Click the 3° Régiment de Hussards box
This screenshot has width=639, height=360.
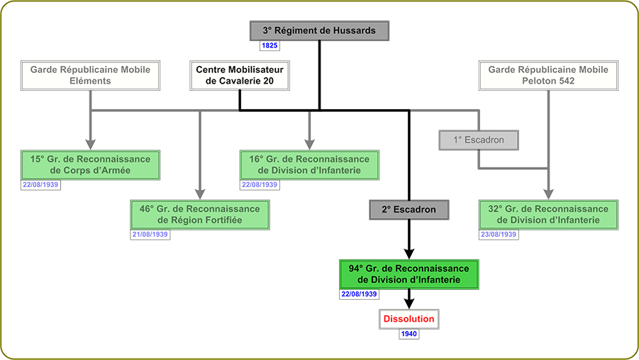click(319, 31)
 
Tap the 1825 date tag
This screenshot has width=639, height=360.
click(270, 46)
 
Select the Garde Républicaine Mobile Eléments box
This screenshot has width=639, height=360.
click(90, 75)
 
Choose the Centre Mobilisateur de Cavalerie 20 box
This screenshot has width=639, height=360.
click(240, 75)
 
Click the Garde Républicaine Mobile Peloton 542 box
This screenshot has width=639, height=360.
click(548, 75)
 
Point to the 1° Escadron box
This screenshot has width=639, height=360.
click(482, 140)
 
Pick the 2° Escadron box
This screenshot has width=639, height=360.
click(409, 209)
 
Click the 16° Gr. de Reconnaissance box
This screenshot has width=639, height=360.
click(309, 165)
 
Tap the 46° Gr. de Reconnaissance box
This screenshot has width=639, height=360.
click(200, 215)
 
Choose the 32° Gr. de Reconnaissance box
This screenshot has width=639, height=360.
click(548, 215)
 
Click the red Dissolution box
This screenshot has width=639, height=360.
click(409, 319)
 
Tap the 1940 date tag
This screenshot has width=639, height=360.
click(409, 334)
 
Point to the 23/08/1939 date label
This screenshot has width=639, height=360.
click(499, 235)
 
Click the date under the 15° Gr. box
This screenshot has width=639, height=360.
click(40, 185)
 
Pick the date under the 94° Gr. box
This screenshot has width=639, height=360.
click(359, 294)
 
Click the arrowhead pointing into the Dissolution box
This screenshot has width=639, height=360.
click(409, 302)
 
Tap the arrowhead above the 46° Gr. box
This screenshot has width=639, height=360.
click(200, 193)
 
